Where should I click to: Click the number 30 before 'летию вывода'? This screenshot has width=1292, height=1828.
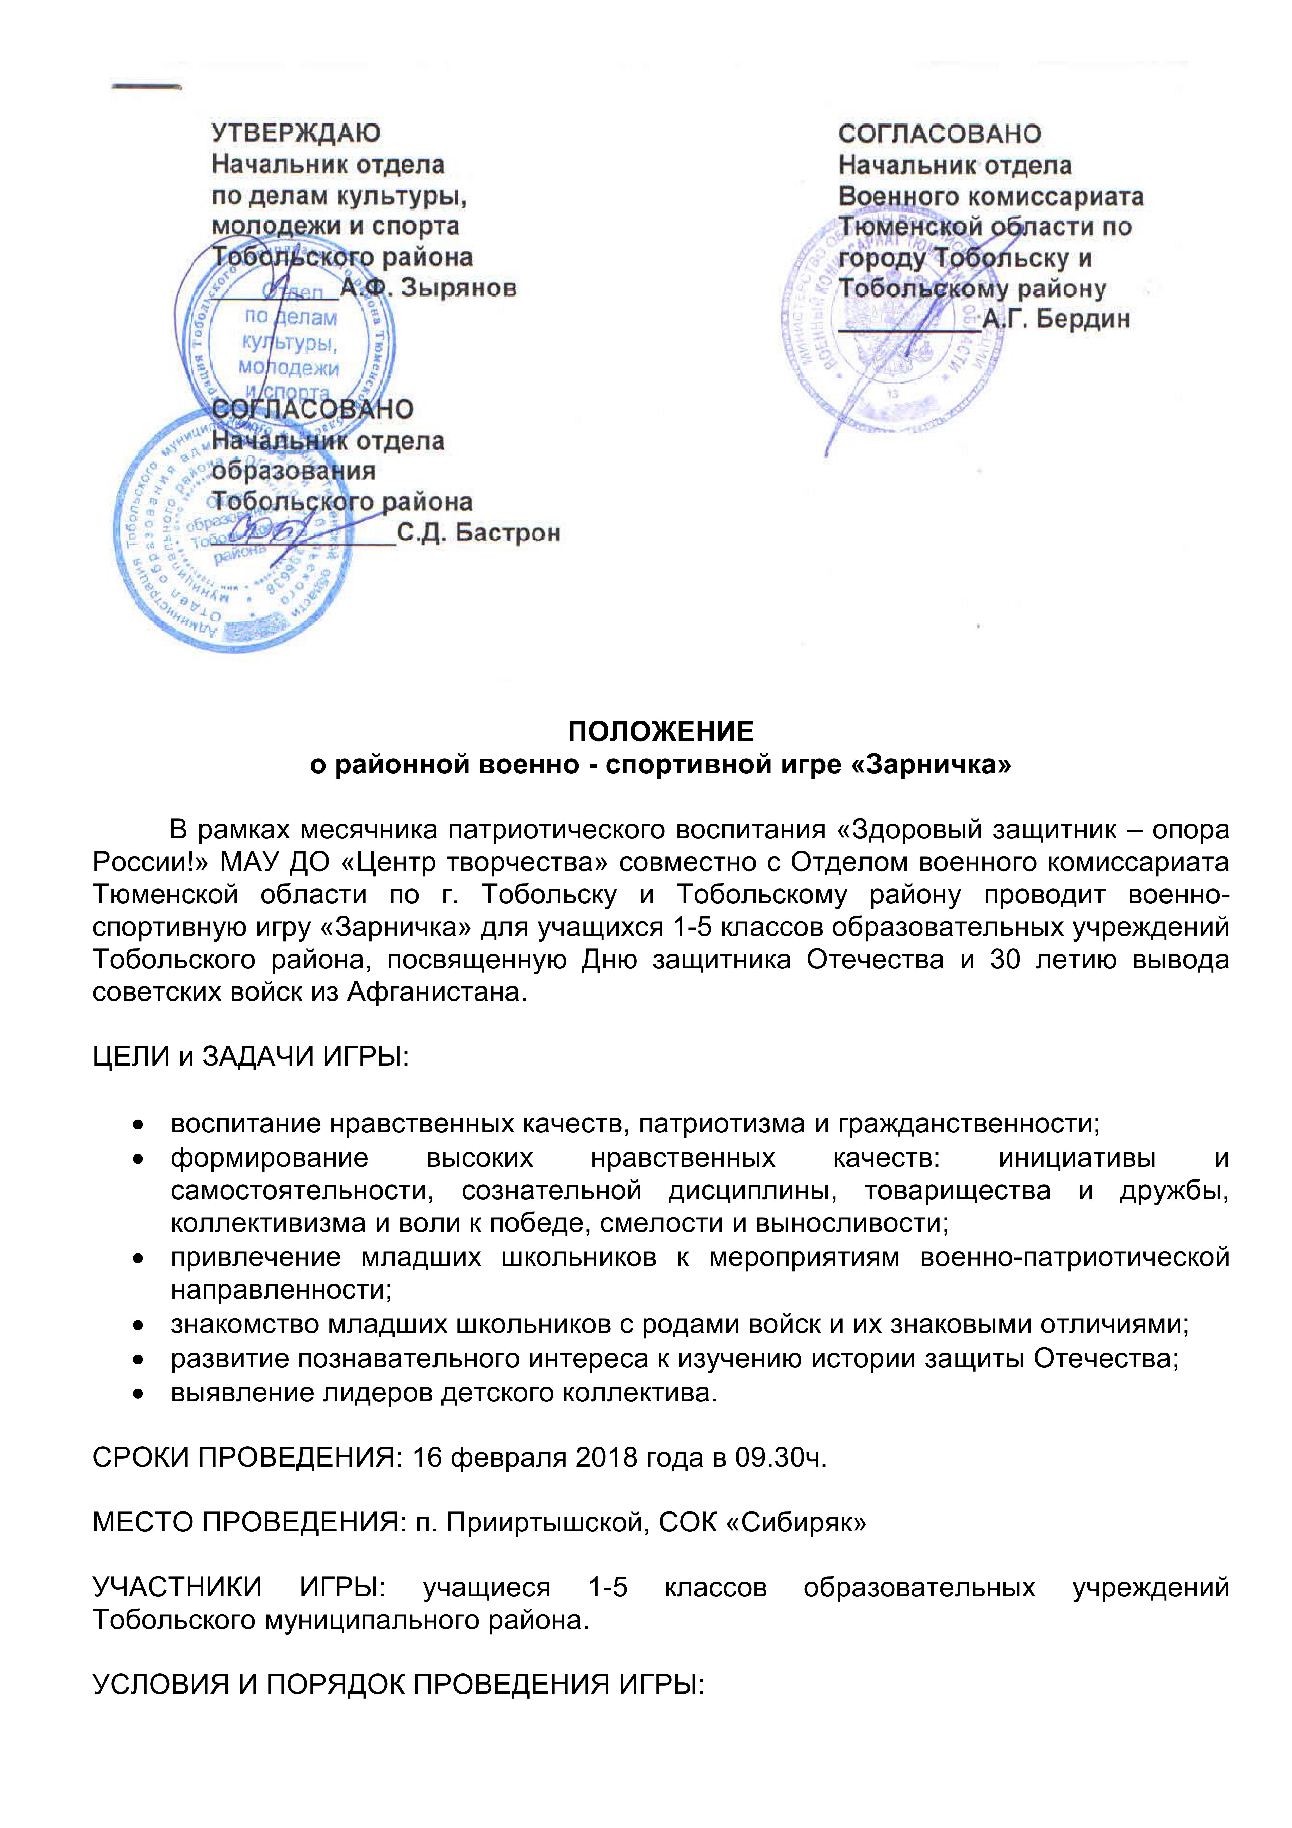[1005, 959]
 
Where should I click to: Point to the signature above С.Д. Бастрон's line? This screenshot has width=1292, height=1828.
[275, 529]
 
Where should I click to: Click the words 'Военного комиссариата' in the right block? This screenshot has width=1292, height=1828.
[990, 196]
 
